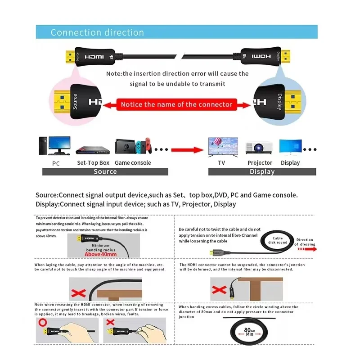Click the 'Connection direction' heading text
click(97, 32)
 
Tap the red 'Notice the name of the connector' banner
click(176, 104)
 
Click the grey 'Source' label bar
click(105, 171)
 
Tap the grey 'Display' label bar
click(262, 171)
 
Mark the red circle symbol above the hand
click(42, 323)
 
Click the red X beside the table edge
click(218, 289)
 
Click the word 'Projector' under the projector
click(260, 163)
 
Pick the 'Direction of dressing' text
click(305, 242)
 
